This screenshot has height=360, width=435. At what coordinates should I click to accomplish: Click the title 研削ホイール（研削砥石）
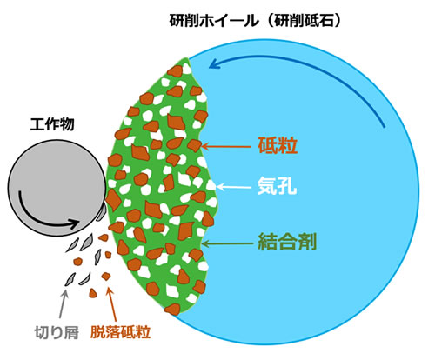(255, 21)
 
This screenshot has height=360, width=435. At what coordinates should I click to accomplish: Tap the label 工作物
(52, 124)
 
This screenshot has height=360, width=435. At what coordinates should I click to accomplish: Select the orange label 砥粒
(278, 145)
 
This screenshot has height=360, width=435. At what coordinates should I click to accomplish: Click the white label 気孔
(277, 186)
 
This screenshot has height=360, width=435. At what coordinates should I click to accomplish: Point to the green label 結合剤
(287, 242)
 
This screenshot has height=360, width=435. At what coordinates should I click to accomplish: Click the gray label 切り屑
(57, 332)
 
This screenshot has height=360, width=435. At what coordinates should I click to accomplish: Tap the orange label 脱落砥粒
(120, 332)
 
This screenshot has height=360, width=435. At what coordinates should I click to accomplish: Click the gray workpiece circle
(57, 188)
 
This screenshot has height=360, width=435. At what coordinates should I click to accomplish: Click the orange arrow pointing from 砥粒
(225, 147)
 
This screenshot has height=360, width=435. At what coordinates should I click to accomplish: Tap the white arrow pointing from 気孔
(233, 187)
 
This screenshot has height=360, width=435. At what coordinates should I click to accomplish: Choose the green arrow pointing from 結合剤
(227, 243)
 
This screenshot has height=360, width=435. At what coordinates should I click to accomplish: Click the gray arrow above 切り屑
(63, 304)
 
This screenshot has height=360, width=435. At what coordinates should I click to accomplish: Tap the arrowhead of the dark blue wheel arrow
(214, 64)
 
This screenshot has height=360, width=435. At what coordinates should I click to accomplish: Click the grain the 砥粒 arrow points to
(194, 145)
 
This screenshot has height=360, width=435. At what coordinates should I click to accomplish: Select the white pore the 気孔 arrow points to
(211, 185)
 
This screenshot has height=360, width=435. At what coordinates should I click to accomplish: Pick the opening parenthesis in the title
(270, 21)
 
